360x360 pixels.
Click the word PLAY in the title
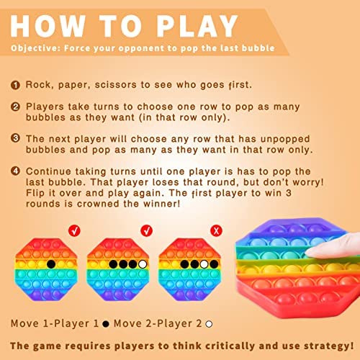pyautogui.click(x=197, y=26)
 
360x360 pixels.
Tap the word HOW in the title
pyautogui.click(x=48, y=26)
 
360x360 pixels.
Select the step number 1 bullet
pyautogui.click(x=15, y=85)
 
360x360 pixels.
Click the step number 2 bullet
pyautogui.click(x=15, y=107)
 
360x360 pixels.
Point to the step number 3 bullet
pyautogui.click(x=15, y=138)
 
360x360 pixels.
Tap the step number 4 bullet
pyautogui.click(x=15, y=171)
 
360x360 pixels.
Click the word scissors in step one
pyautogui.click(x=116, y=85)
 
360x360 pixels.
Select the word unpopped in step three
pyautogui.click(x=285, y=139)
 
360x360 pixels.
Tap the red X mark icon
pyautogui.click(x=216, y=230)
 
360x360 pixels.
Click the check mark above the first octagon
pyautogui.click(x=74, y=230)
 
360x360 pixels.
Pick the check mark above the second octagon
pyautogui.click(x=146, y=230)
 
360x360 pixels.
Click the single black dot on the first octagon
pyautogui.click(x=51, y=264)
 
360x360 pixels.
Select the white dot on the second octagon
pyautogui.click(x=143, y=264)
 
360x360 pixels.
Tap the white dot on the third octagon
pyautogui.click(x=204, y=264)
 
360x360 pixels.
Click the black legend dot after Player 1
pyautogui.click(x=106, y=324)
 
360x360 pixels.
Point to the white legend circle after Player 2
pyautogui.click(x=209, y=324)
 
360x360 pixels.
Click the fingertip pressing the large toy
pyautogui.click(x=312, y=252)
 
